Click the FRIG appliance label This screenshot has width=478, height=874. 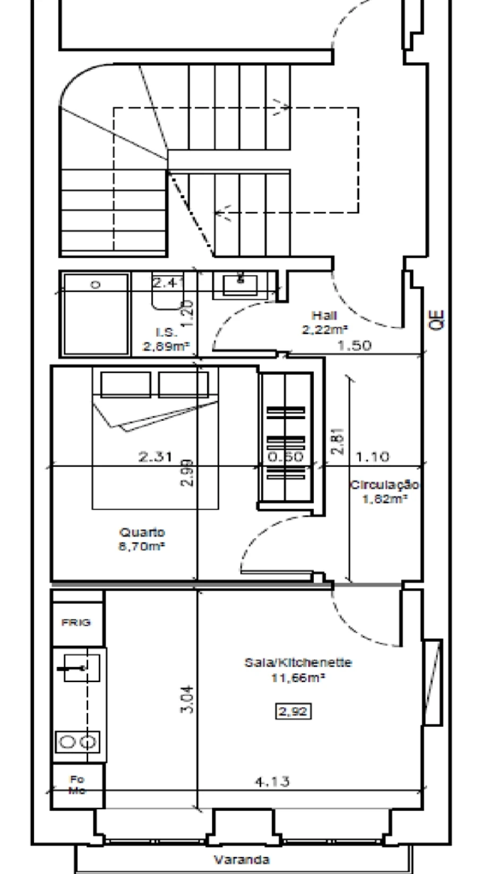[76, 622]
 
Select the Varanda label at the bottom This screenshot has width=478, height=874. [242, 859]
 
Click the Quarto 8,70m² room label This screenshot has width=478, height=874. [142, 538]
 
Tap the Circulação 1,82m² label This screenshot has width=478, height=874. [385, 491]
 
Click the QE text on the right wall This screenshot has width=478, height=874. [439, 321]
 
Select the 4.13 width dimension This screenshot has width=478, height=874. [272, 782]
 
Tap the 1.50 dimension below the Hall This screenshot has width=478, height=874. [355, 345]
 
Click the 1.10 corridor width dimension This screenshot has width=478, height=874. [372, 456]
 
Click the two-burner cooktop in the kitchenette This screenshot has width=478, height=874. [78, 741]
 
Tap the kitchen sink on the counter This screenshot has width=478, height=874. [80, 667]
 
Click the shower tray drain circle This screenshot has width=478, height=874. [96, 285]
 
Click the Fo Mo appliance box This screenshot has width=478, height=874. [77, 785]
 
